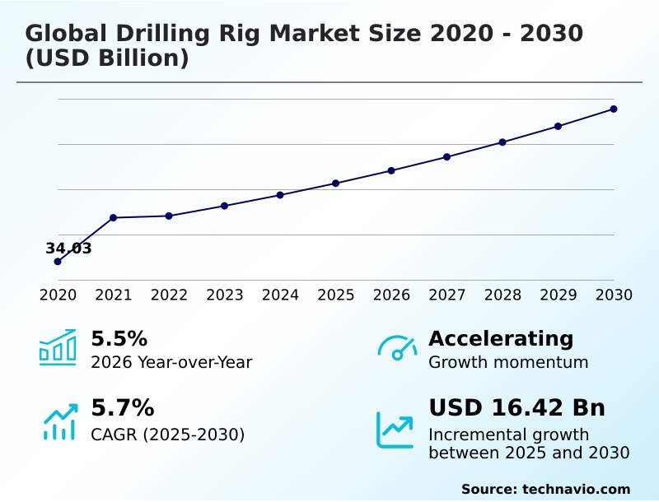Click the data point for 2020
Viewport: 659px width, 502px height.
point(58,262)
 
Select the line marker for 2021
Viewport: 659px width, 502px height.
point(113,218)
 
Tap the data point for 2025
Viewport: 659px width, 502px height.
point(335,183)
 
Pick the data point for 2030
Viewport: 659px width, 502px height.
point(614,109)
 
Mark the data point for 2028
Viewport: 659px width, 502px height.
point(502,142)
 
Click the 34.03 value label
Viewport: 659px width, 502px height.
point(68,249)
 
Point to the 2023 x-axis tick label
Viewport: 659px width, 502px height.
point(224,295)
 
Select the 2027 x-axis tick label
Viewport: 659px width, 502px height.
point(446,295)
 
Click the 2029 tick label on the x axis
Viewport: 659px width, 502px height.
point(558,295)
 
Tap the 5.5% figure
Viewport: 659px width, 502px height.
point(119,339)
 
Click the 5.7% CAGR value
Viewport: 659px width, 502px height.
point(122,408)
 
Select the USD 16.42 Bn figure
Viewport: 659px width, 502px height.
point(516,408)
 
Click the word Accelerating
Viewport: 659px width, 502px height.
point(501,339)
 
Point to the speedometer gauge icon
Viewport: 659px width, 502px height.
point(397,348)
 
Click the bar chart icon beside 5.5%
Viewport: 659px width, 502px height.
point(58,347)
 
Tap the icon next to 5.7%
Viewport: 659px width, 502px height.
point(59,422)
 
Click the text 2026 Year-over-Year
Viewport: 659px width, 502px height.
point(171,362)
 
